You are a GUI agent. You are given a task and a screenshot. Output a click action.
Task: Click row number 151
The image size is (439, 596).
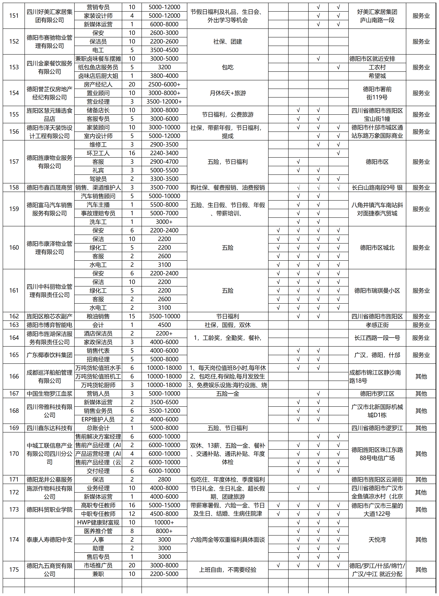click(14, 16)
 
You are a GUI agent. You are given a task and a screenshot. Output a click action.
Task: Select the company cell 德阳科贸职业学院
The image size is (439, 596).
click(49, 509)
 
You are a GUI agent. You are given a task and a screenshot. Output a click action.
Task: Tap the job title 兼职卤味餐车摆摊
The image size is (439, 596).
click(98, 59)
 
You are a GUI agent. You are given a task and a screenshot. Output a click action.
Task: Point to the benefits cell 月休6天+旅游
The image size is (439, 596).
click(228, 93)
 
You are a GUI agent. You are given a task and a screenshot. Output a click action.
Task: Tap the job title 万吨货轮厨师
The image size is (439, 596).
click(98, 385)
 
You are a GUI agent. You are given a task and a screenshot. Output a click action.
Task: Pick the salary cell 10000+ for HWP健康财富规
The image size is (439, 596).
click(164, 522)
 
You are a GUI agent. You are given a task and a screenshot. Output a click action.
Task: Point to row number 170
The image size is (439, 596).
click(14, 454)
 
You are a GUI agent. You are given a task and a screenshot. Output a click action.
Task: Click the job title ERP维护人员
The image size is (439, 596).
click(98, 419)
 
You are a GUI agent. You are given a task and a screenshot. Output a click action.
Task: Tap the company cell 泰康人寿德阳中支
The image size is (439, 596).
click(49, 540)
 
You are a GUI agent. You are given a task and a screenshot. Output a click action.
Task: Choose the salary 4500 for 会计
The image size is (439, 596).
click(164, 325)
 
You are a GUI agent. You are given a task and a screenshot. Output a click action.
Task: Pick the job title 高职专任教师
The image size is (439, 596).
click(98, 505)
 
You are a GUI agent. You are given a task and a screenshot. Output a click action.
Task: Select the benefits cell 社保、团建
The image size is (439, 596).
click(228, 42)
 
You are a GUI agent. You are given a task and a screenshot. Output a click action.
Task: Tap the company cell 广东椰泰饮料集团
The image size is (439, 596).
click(49, 355)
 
